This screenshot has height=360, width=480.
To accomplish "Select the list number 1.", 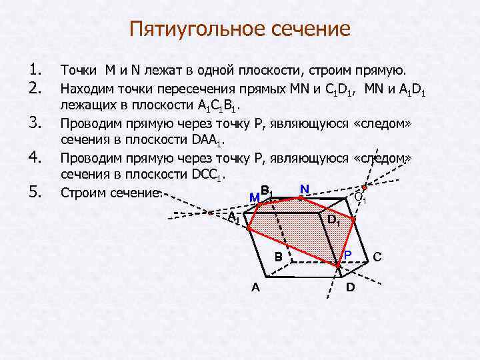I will tap(37, 70).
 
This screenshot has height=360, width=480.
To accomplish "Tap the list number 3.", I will tap(37, 123).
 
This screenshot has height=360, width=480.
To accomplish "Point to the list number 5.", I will tap(37, 193).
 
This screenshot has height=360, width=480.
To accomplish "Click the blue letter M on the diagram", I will tap(253, 197).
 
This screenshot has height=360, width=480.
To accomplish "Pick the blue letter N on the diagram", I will tap(304, 189).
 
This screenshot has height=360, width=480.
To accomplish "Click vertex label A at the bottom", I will tap(255, 288).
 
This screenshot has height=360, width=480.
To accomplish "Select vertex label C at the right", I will tap(377, 257).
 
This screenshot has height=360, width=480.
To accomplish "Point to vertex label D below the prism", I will tap(351, 288).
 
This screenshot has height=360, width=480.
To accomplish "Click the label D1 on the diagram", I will tap(334, 221).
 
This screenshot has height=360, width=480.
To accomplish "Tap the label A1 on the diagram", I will tap(233, 218).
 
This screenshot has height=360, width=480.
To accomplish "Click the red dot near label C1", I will tap(365, 187).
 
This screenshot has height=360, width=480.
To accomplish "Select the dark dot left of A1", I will tap(211, 213).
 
